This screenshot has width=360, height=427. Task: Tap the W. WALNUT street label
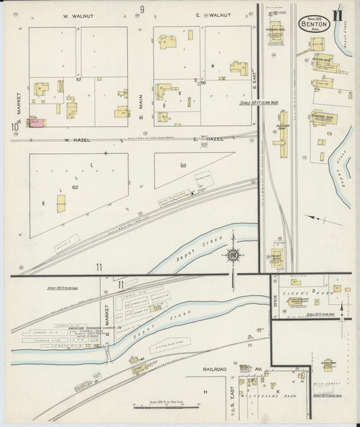point(78,15)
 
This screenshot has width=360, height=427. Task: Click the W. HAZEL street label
point(77,139)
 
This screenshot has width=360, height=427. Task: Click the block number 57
point(78,80)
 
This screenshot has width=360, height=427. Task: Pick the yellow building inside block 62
point(61,203)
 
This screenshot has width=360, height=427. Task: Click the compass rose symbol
point(233,255)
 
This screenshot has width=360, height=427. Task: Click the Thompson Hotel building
point(326,120)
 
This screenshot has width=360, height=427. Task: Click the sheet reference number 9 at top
point(143,8)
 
